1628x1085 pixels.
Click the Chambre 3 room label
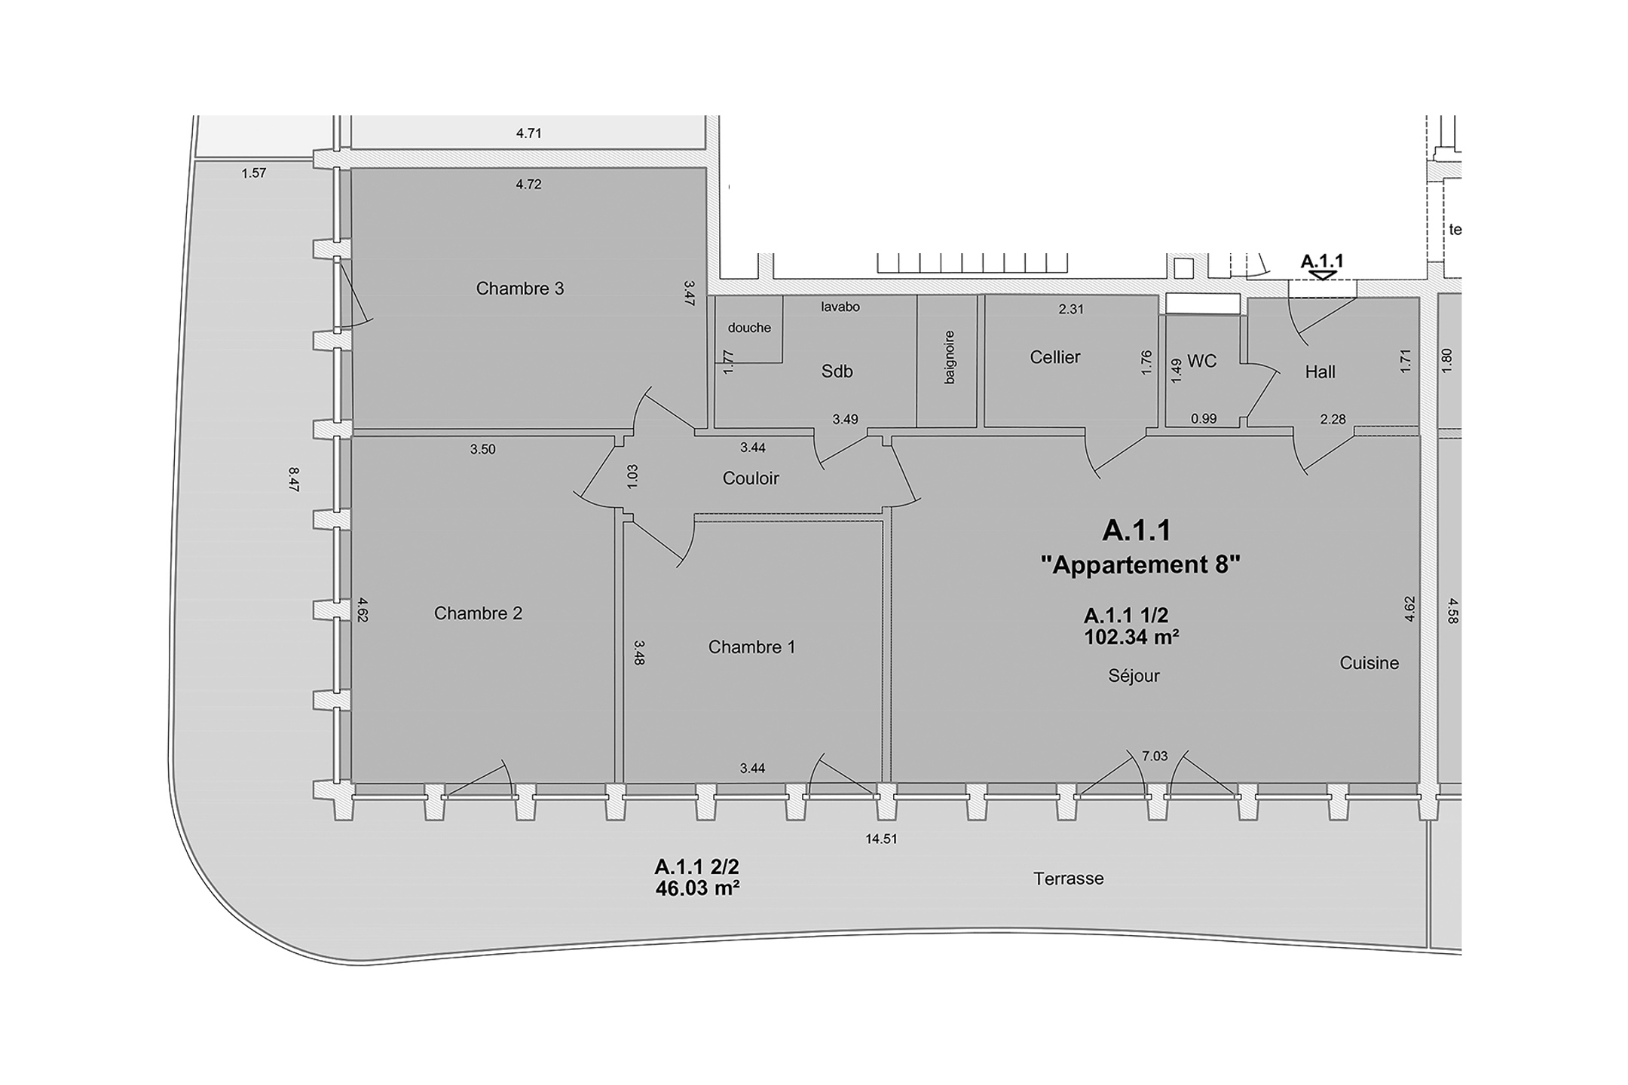click(x=520, y=289)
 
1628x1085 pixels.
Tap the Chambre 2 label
click(x=478, y=613)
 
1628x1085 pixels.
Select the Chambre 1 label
click(x=751, y=647)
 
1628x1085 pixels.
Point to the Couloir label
click(x=751, y=478)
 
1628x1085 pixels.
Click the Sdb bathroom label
click(x=837, y=371)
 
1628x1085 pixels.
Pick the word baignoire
click(x=950, y=357)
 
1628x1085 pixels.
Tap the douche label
click(x=749, y=328)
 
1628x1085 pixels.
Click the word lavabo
click(x=840, y=307)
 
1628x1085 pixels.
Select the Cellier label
click(x=1055, y=357)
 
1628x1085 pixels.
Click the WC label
click(x=1201, y=362)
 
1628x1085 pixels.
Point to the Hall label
click(x=1320, y=371)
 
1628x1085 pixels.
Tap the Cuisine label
click(x=1369, y=663)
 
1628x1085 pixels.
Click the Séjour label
click(x=1134, y=676)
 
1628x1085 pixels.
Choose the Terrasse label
click(x=1069, y=879)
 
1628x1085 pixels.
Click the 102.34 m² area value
click(x=1131, y=637)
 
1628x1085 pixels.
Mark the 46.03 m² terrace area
click(x=697, y=888)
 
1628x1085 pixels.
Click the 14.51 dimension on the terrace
click(x=881, y=839)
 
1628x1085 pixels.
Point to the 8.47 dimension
click(x=294, y=480)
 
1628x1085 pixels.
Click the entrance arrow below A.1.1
click(x=1323, y=277)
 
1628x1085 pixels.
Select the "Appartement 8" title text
click(x=1140, y=565)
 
